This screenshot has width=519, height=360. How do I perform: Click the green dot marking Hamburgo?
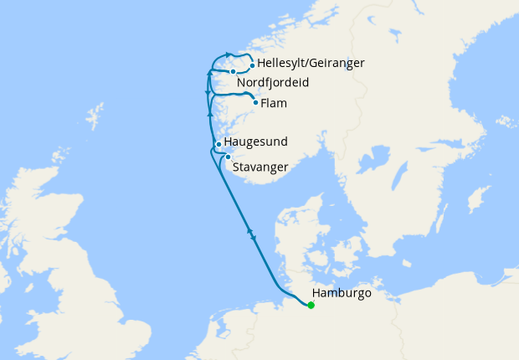pyautogui.click(x=311, y=305)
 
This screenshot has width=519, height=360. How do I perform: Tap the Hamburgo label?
pyautogui.click(x=341, y=294)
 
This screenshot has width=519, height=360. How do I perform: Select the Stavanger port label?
pyautogui.click(x=260, y=167)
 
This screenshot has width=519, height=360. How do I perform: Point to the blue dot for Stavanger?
pyautogui.click(x=228, y=157)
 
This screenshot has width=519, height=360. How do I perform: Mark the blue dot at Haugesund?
pyautogui.click(x=218, y=144)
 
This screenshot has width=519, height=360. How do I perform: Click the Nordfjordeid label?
pyautogui.click(x=273, y=83)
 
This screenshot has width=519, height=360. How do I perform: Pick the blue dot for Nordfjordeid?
pyautogui.click(x=233, y=71)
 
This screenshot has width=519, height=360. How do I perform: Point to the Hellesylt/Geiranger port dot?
pyautogui.click(x=253, y=64)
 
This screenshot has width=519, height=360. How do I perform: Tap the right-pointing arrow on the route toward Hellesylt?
pyautogui.click(x=229, y=55)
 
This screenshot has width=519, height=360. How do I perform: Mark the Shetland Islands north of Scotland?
pyautogui.click(x=95, y=112)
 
